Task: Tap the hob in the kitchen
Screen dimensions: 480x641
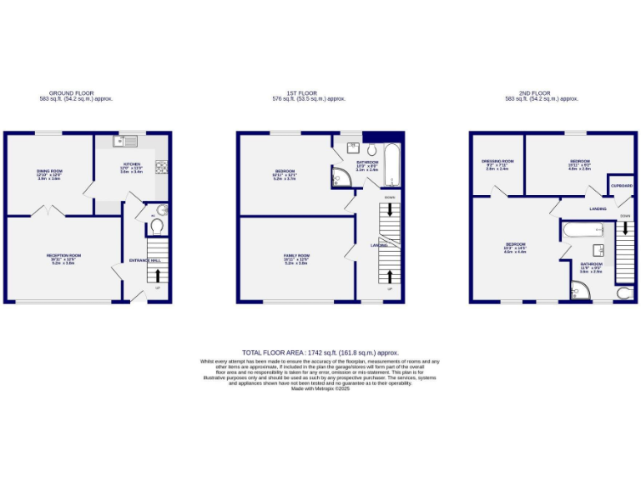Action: pyautogui.click(x=164, y=167)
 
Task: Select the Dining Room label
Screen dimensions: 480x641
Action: pyautogui.click(x=49, y=174)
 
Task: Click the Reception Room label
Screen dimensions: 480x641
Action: pyautogui.click(x=63, y=257)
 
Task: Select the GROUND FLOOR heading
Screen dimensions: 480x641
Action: pyautogui.click(x=71, y=93)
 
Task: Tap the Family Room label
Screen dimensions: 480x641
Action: pyautogui.click(x=296, y=257)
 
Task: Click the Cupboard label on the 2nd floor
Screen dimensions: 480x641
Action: pyautogui.click(x=621, y=186)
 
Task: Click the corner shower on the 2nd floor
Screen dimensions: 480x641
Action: pyautogui.click(x=578, y=291)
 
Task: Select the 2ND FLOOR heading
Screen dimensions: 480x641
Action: pyautogui.click(x=553, y=93)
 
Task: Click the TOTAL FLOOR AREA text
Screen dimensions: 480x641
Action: pyautogui.click(x=320, y=353)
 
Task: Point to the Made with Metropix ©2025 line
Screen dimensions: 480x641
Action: pyautogui.click(x=320, y=389)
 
